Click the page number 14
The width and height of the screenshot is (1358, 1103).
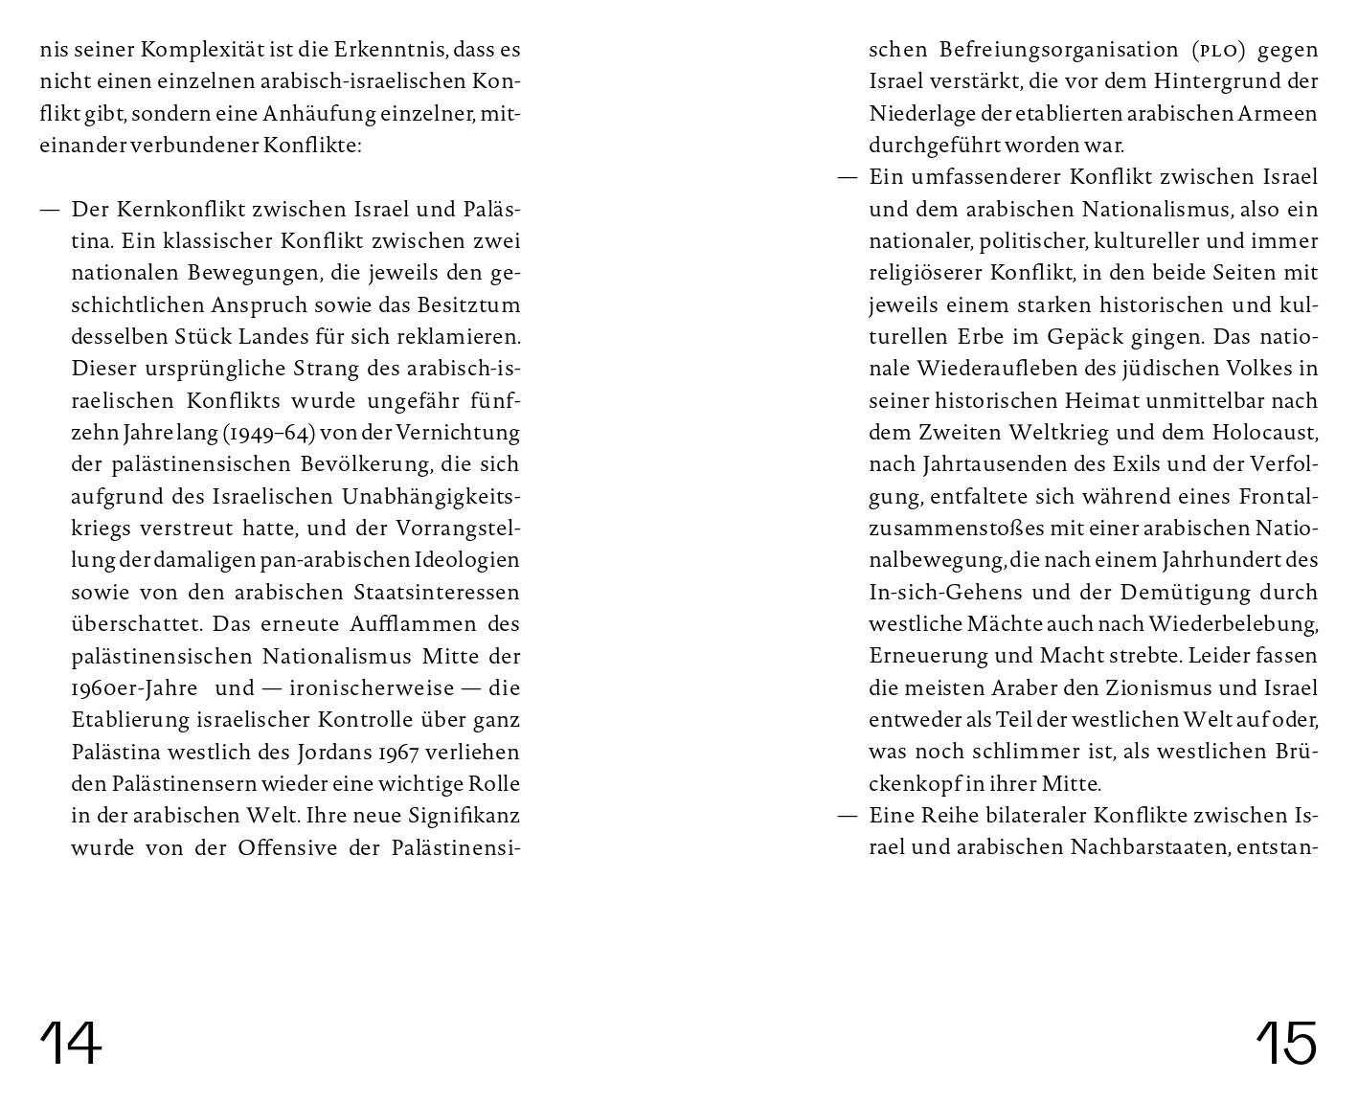70,1043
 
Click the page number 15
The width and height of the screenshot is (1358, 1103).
1286,1043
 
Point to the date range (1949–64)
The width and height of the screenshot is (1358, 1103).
269,433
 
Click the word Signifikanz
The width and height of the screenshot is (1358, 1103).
464,816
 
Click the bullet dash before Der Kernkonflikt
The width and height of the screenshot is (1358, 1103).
50,210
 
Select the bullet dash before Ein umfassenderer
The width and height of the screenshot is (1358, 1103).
848,178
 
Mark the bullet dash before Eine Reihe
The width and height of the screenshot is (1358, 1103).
848,816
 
